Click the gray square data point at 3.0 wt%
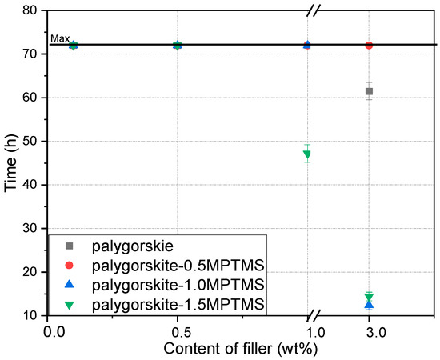point(369,91)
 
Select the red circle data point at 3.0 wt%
point(369,45)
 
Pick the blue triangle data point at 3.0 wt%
point(369,304)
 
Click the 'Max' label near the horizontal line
point(60,38)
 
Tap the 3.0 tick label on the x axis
point(369,330)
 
